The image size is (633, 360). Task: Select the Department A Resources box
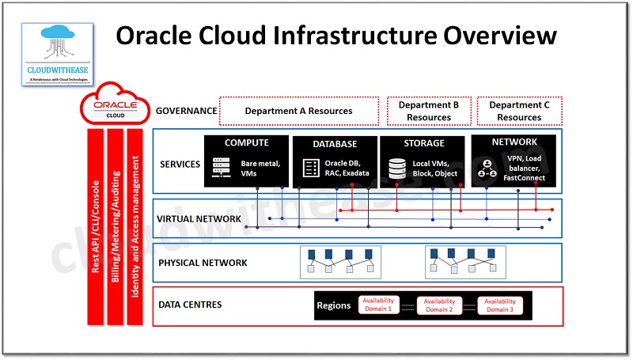click(298, 111)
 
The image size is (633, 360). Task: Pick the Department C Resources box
click(519, 111)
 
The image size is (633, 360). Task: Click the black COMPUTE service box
click(246, 161)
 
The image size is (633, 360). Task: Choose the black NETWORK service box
click(514, 161)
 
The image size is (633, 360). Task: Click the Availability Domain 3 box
click(500, 305)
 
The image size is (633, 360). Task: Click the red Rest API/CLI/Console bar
click(95, 226)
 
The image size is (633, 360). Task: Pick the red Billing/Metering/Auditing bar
click(116, 226)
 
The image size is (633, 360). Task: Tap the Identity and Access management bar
click(136, 226)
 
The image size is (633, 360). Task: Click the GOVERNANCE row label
click(187, 111)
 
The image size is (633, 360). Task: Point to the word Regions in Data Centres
click(333, 305)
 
